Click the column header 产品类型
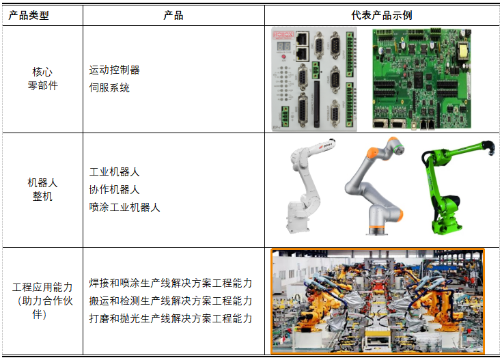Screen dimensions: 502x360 [29, 16]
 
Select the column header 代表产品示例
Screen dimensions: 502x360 [382, 16]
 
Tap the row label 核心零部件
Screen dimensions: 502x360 [42, 79]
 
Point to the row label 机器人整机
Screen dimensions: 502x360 [42, 189]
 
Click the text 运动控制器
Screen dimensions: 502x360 [114, 70]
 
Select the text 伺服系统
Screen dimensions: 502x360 [109, 87]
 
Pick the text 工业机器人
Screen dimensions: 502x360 [114, 171]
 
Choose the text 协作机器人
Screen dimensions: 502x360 [114, 189]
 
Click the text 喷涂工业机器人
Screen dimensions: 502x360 [124, 207]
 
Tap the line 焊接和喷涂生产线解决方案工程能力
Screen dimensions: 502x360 [171, 283]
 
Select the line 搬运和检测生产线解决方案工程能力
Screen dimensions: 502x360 [171, 301]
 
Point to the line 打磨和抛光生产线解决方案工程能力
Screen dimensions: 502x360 [171, 319]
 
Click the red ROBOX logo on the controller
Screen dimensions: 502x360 [283, 35]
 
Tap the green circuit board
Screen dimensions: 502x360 [422, 79]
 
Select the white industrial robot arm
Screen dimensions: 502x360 [308, 185]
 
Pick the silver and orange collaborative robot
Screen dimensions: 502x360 [374, 186]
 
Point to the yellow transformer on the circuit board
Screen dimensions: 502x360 [463, 51]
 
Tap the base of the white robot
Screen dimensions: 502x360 [298, 216]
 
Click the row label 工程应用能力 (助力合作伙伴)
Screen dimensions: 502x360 [42, 301]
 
